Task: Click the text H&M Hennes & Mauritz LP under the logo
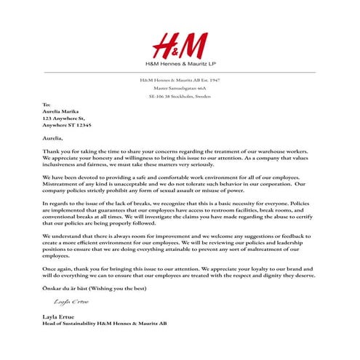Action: coord(180,67)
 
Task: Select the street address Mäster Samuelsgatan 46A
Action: coord(180,88)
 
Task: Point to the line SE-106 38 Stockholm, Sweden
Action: coord(180,97)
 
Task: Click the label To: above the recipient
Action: coord(47,105)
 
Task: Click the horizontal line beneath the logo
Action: coord(180,73)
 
